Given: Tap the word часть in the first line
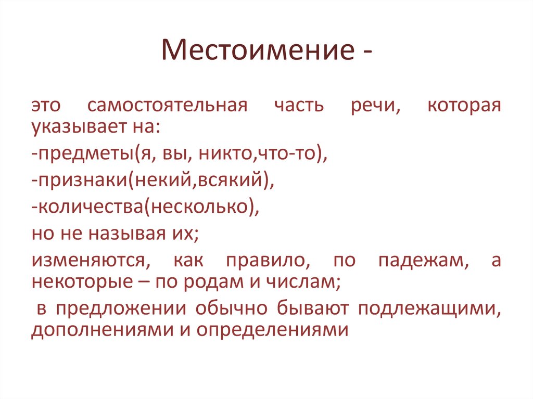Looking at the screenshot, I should pyautogui.click(x=298, y=106).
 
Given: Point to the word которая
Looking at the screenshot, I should pyautogui.click(x=464, y=106).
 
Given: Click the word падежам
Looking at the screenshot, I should pyautogui.click(x=420, y=260).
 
